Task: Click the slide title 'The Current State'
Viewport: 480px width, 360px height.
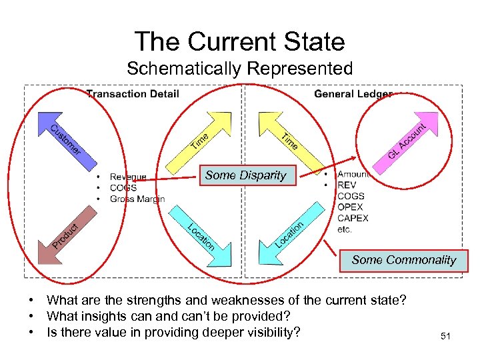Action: pyautogui.click(x=240, y=41)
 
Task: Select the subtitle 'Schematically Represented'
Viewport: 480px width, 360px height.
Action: pyautogui.click(x=239, y=69)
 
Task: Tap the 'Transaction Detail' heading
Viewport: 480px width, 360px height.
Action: pyautogui.click(x=133, y=94)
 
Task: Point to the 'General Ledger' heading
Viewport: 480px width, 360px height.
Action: pyautogui.click(x=353, y=94)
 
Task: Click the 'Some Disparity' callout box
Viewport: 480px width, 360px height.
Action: pyautogui.click(x=245, y=175)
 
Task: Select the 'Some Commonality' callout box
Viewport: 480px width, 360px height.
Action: pyautogui.click(x=403, y=260)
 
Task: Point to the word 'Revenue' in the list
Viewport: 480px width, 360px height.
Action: pyautogui.click(x=129, y=177)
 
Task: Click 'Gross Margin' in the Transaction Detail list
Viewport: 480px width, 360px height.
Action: pyautogui.click(x=137, y=199)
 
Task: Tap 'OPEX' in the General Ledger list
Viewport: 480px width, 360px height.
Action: pyautogui.click(x=351, y=207)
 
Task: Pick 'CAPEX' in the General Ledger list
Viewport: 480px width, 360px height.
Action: pyautogui.click(x=353, y=218)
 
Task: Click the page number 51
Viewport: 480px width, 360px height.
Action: pyautogui.click(x=445, y=337)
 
